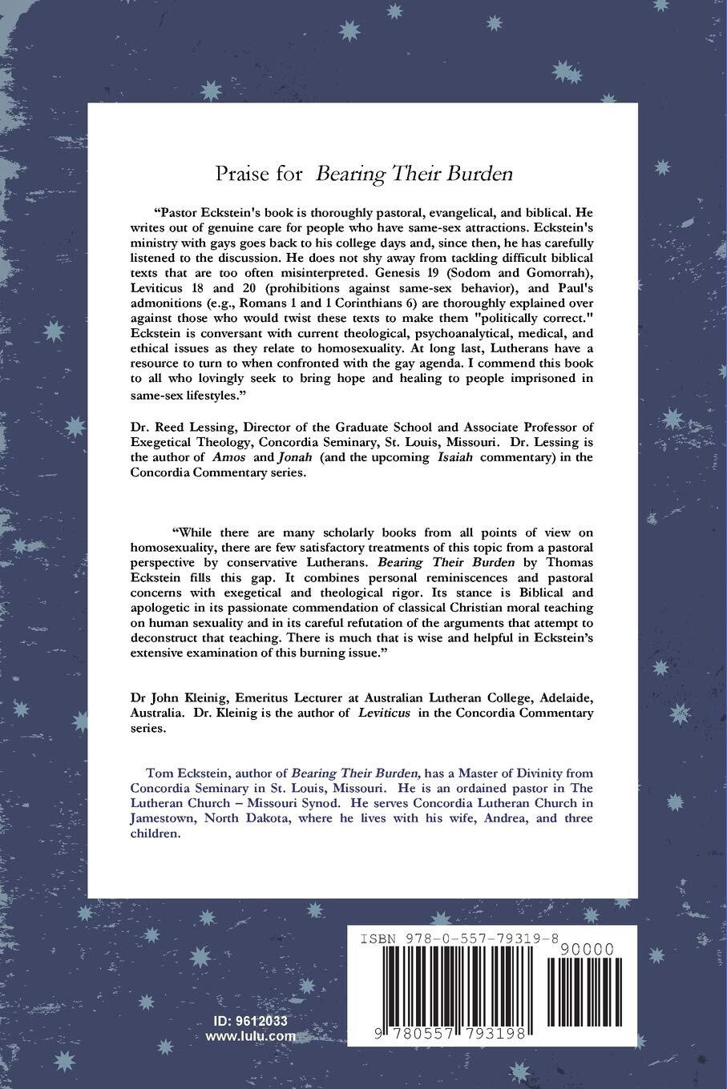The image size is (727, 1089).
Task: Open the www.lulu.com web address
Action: tap(250, 1035)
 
